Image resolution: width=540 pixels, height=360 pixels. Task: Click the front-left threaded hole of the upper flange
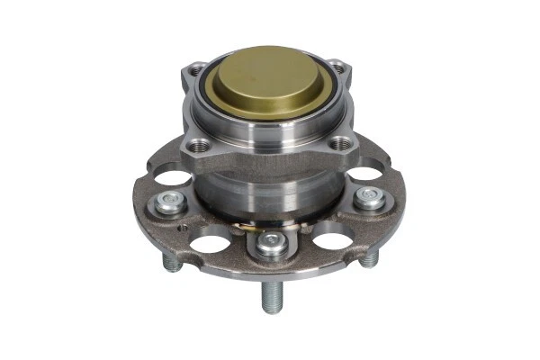(x=199, y=145)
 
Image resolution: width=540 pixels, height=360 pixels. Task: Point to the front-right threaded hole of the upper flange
(x=340, y=143)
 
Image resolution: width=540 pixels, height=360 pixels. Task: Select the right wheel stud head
(x=368, y=197)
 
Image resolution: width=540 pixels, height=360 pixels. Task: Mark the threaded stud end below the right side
(x=370, y=258)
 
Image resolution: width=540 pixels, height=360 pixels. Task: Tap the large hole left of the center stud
(x=212, y=241)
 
